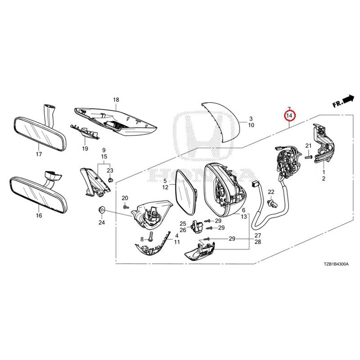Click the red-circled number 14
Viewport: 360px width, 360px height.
click(x=289, y=116)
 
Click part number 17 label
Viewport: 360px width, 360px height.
click(x=39, y=154)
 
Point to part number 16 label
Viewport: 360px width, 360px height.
click(x=39, y=216)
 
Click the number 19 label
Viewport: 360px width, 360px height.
click(x=84, y=148)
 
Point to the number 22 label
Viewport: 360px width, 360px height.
click(x=271, y=192)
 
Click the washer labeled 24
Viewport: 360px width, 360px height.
click(x=101, y=209)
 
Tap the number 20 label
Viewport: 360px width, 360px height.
click(x=125, y=198)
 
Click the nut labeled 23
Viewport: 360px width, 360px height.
click(x=111, y=180)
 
